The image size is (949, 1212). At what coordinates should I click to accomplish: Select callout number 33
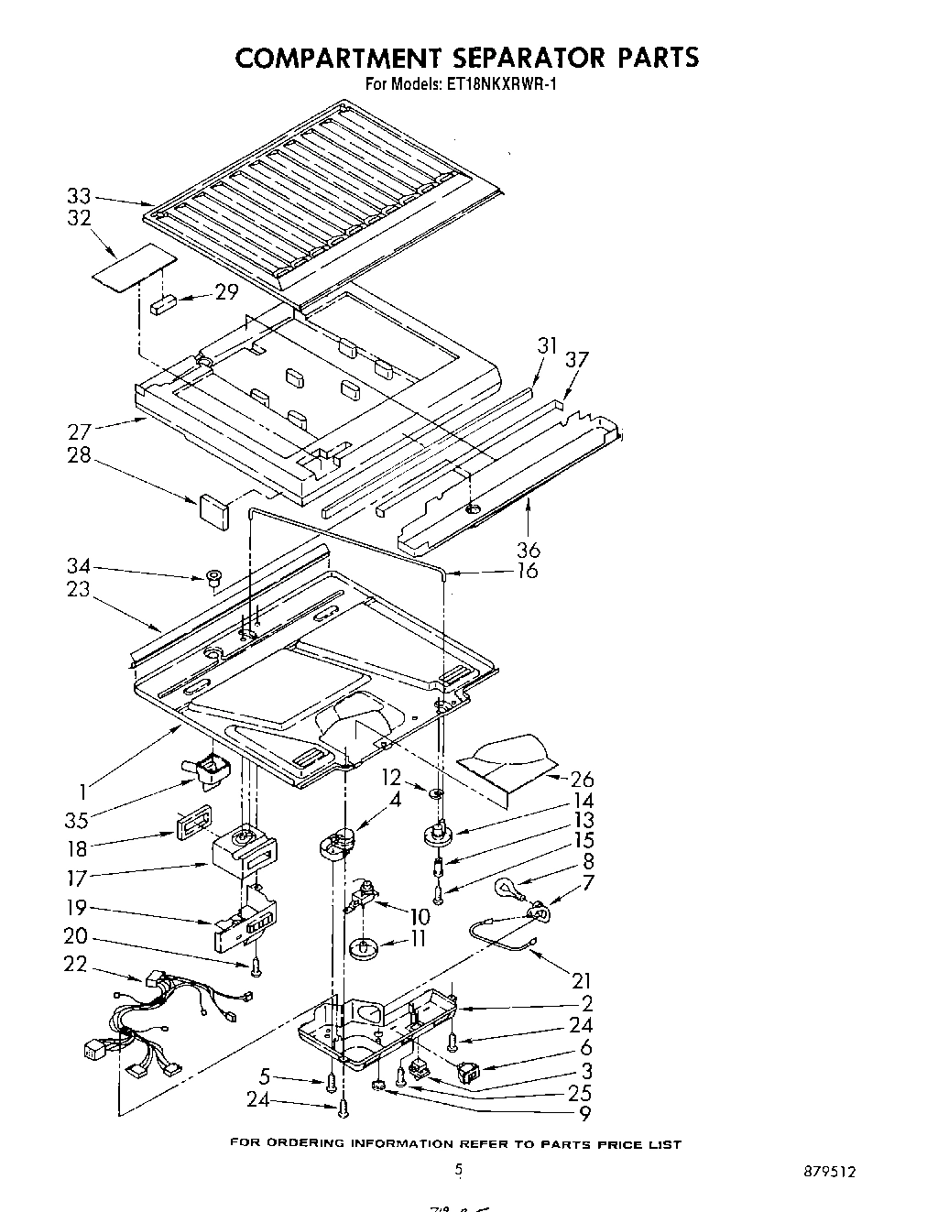tap(80, 195)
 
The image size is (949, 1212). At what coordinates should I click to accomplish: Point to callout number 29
tap(226, 291)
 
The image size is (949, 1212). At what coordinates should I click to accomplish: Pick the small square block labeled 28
tap(211, 511)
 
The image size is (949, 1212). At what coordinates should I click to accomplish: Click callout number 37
tap(578, 360)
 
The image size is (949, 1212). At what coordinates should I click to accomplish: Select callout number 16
tap(527, 571)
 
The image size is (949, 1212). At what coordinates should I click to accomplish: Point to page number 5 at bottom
tap(460, 1168)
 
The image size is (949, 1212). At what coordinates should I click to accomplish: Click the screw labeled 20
tap(256, 966)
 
